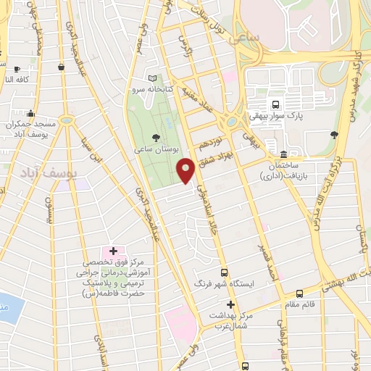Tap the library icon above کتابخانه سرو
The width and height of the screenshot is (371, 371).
tap(151, 78)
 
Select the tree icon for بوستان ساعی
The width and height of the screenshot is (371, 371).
tap(156, 137)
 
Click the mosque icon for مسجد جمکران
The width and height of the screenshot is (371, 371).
tap(30, 114)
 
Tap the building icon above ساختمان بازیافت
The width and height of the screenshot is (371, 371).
tap(282, 156)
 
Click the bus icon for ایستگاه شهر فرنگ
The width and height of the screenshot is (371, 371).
tap(224, 272)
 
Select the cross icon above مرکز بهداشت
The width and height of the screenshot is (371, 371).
tap(231, 304)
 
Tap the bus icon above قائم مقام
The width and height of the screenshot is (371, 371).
tap(301, 293)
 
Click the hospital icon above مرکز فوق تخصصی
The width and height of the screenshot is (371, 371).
tap(113, 251)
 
